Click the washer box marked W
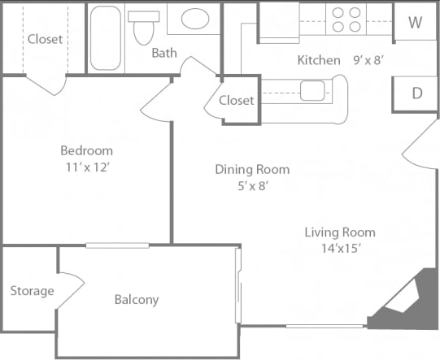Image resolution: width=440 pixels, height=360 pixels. point(415,22)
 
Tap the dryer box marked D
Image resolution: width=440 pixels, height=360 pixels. point(416,93)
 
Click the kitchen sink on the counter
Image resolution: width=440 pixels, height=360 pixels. point(311,89)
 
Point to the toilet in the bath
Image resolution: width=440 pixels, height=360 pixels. point(143,28)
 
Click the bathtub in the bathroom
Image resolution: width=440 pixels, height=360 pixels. point(105,37)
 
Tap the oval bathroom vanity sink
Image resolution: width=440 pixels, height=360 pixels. point(195,19)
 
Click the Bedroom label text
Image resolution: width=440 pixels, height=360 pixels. point(86,150)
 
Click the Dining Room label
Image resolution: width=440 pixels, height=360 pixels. point(252,169)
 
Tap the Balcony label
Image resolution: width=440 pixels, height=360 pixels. point(136,300)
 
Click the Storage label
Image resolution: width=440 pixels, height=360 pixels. point(33,291)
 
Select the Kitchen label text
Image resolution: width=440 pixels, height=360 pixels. point(319,60)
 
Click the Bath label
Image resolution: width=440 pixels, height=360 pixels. point(165,53)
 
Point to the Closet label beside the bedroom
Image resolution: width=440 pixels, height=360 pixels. point(45,39)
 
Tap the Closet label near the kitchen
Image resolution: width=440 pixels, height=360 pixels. point(237,101)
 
